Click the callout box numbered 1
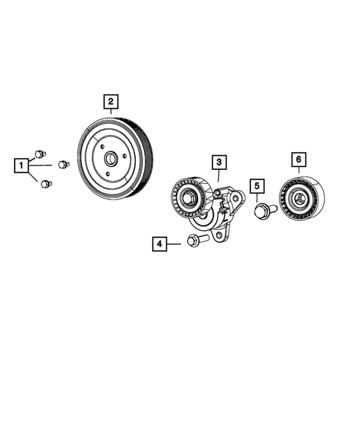23,163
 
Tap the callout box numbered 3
219,161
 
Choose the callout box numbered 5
257,185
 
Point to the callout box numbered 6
298,160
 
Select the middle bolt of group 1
64,163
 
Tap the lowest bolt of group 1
47,183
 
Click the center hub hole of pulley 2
110,158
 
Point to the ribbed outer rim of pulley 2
148,160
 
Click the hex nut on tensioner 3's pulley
188,197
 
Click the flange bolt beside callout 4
195,241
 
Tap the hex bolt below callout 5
262,211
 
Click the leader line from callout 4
177,242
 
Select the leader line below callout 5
258,200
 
